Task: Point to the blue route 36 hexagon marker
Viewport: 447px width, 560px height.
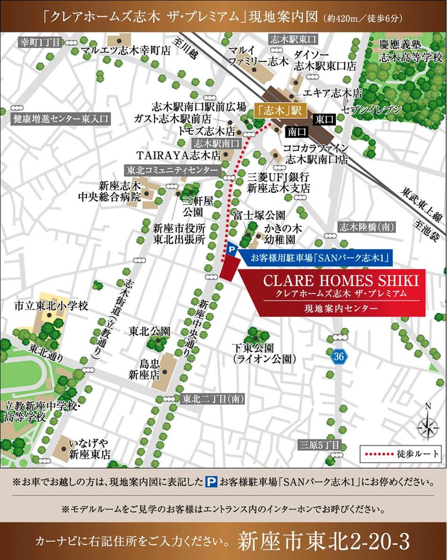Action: (x=338, y=356)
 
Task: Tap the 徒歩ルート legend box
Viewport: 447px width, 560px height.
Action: (x=401, y=455)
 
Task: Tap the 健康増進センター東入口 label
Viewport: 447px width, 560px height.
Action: (x=60, y=118)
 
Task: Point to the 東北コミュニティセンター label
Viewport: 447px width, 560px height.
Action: (x=172, y=170)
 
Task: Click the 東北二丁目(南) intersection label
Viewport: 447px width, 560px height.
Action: (x=212, y=399)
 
